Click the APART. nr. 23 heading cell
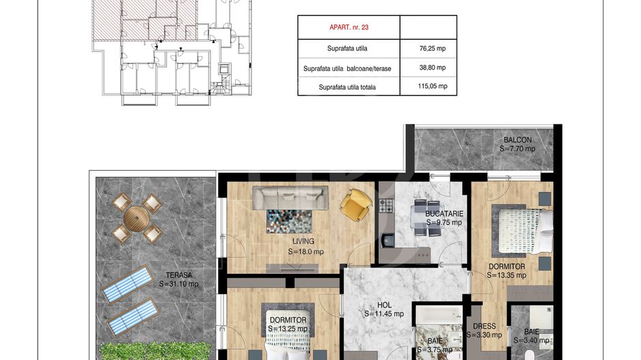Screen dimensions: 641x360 point(349,27)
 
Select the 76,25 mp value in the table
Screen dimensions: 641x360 point(433,49)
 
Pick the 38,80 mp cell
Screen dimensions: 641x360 point(433,68)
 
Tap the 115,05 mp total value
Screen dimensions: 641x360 point(433,86)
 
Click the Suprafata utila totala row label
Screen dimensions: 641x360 point(347,87)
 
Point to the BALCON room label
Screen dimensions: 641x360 point(517,140)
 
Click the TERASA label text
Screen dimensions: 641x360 point(179,275)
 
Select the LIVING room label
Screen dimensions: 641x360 point(303,242)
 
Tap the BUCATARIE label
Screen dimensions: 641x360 point(444,214)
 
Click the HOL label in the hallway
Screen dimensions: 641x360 point(384,305)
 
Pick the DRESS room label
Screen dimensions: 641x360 point(485,326)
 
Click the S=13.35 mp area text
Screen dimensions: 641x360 point(506,275)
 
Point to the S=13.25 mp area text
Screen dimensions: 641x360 point(288,329)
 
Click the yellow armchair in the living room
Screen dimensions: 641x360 point(356,205)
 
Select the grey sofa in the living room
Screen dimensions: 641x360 point(290,198)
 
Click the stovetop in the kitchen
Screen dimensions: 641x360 point(385,206)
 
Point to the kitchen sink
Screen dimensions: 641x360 point(387,240)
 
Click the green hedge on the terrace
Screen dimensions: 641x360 point(155,351)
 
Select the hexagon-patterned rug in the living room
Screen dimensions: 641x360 point(290,221)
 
